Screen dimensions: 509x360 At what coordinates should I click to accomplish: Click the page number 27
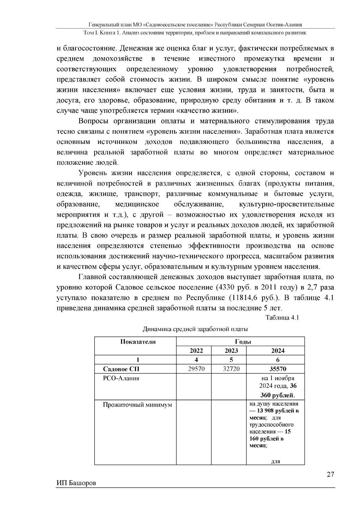[330, 474]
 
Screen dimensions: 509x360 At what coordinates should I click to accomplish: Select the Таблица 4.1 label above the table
[282, 318]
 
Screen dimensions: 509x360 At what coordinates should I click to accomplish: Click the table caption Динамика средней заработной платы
[195, 329]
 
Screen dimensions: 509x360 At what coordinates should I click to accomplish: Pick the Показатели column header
[138, 342]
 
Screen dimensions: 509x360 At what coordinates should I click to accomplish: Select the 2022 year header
[196, 351]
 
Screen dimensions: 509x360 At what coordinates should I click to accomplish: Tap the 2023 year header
[231, 351]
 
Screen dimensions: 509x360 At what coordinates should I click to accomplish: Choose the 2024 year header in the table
[278, 351]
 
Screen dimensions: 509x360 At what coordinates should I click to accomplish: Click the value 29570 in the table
[196, 369]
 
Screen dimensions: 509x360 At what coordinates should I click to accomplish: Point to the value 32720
[231, 369]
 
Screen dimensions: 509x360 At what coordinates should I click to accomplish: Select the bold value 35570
[278, 369]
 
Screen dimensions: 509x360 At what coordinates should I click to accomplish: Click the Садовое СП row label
[121, 369]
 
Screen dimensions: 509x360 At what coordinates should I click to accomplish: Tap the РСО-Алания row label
[121, 378]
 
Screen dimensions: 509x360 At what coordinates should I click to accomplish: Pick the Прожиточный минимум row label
[137, 405]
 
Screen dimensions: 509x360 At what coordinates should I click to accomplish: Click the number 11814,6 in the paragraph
[245, 298]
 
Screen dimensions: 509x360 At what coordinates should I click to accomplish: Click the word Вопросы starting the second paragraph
[93, 121]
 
